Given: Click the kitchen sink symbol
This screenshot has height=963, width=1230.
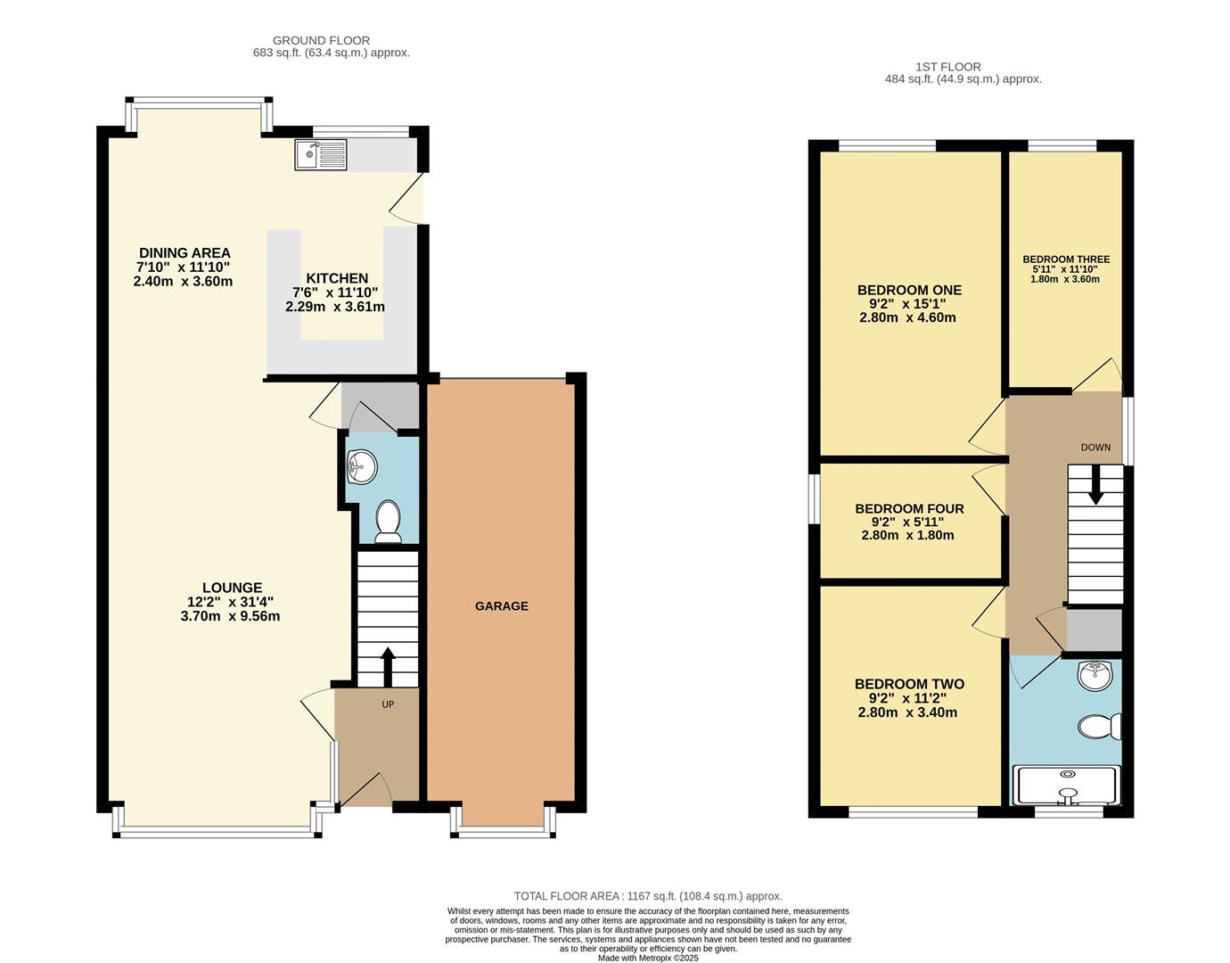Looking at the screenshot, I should coord(320,155).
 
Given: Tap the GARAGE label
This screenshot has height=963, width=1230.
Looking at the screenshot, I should coord(501,606).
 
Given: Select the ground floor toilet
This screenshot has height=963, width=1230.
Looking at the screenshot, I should coord(388,522).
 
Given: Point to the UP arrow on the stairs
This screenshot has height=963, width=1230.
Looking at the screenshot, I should coord(388,665).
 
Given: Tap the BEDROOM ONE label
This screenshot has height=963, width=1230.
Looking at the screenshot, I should coord(909,291).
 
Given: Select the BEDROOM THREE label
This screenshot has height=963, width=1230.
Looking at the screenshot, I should coord(1066,259).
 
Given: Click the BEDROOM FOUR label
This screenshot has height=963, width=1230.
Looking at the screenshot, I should coord(909,509).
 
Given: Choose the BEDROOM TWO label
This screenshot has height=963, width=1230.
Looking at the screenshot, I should coord(909,685).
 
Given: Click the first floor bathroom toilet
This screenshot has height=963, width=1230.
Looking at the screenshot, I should coord(1099,728).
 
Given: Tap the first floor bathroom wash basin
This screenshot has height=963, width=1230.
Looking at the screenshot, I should coord(1094,675).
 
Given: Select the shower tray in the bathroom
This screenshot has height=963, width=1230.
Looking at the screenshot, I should coord(1067,785).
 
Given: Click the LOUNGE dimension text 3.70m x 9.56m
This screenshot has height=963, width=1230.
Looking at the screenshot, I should coord(230,616).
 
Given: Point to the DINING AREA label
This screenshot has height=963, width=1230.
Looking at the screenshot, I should coord(184,253).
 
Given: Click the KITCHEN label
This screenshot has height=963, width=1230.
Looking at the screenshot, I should coord(336,279).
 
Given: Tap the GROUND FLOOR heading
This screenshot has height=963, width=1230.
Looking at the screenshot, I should coord(321,40).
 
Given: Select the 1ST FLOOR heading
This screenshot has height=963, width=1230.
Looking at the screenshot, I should coord(947,67).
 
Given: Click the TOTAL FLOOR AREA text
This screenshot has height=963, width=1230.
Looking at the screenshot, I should coord(648,896).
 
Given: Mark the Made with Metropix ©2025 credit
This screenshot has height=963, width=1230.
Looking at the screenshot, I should coord(648,958).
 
